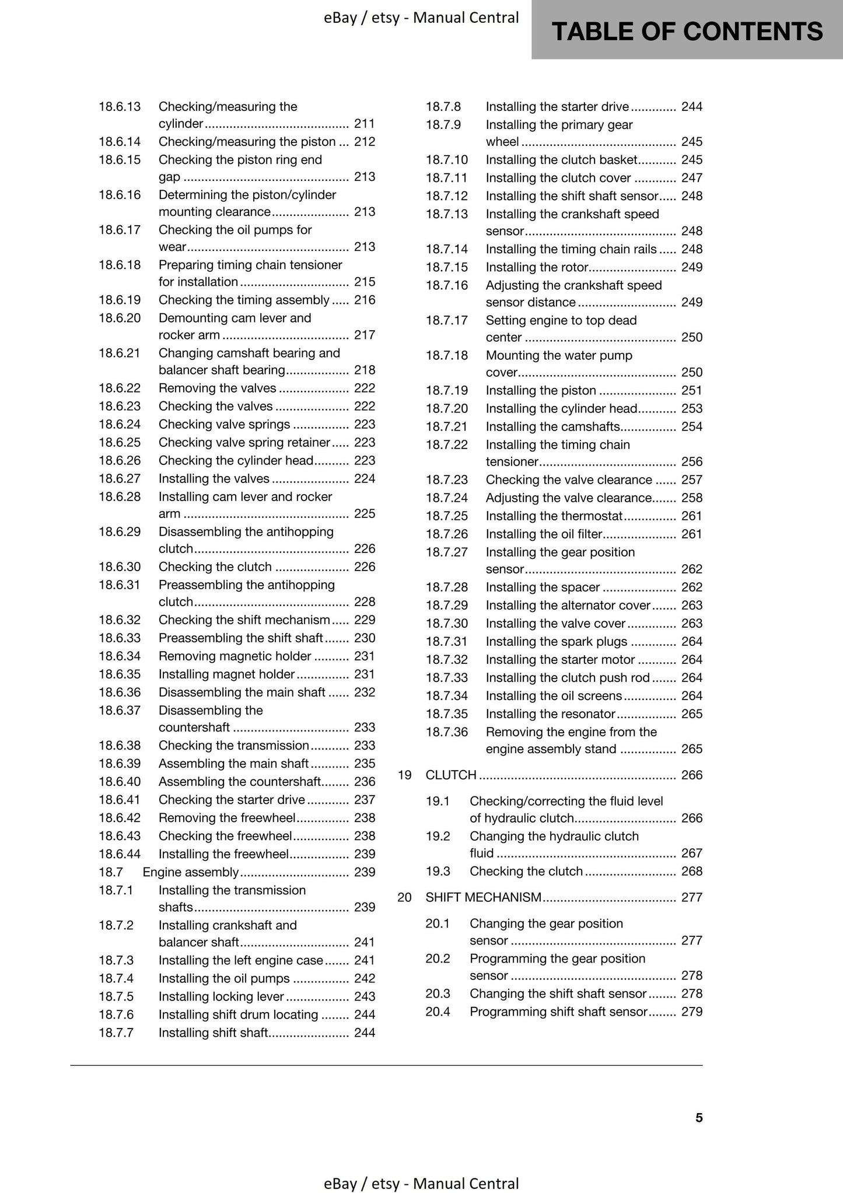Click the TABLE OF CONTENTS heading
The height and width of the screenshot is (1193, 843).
(687, 32)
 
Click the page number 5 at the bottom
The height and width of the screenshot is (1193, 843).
(699, 1117)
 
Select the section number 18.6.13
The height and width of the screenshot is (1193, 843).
(120, 107)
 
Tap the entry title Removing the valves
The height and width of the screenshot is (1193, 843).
(217, 389)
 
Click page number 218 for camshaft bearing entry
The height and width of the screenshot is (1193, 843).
(365, 370)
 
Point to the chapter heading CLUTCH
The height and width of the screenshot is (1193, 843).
(451, 775)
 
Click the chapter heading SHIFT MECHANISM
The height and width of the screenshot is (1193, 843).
(483, 897)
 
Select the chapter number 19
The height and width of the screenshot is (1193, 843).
(405, 775)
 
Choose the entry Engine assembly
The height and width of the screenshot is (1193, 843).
(190, 872)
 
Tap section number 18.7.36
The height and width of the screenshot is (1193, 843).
(446, 732)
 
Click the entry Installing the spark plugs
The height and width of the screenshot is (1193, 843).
(556, 642)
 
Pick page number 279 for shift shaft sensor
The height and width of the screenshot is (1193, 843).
(691, 1012)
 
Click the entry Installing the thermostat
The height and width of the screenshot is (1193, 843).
(554, 516)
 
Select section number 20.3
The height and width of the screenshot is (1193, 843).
(438, 993)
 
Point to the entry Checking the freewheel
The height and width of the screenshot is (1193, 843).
(225, 836)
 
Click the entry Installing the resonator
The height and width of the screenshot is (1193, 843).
(550, 714)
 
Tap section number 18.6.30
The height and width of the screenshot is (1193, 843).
(120, 567)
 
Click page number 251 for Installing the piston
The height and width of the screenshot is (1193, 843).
(691, 391)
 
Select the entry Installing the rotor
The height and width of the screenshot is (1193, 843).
(537, 268)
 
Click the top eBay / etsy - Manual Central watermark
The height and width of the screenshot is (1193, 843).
(421, 18)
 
